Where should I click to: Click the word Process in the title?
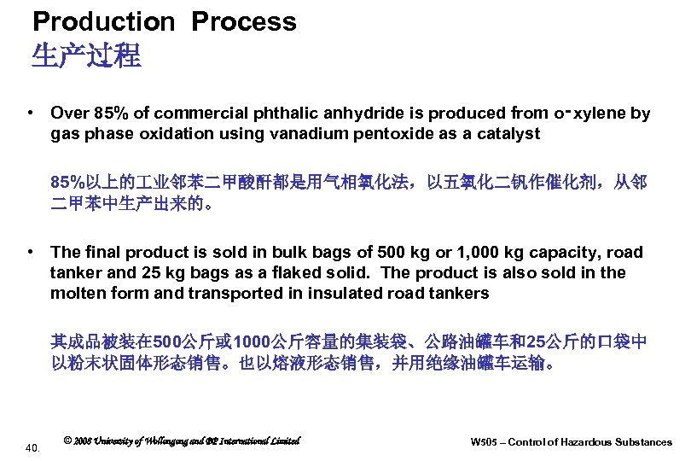click(244, 21)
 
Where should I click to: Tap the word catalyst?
click(511, 134)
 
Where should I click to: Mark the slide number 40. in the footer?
click(34, 446)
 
